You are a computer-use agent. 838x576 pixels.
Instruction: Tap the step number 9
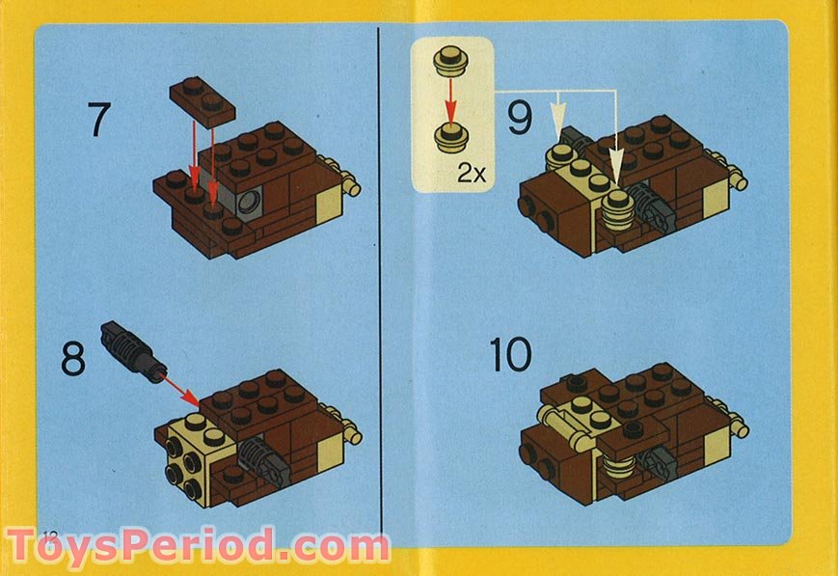pos(520,119)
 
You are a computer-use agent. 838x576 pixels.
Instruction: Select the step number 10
pos(510,355)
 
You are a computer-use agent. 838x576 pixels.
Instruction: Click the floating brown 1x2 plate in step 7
pos(203,99)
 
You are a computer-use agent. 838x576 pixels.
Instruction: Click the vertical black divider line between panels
pos(379,289)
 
